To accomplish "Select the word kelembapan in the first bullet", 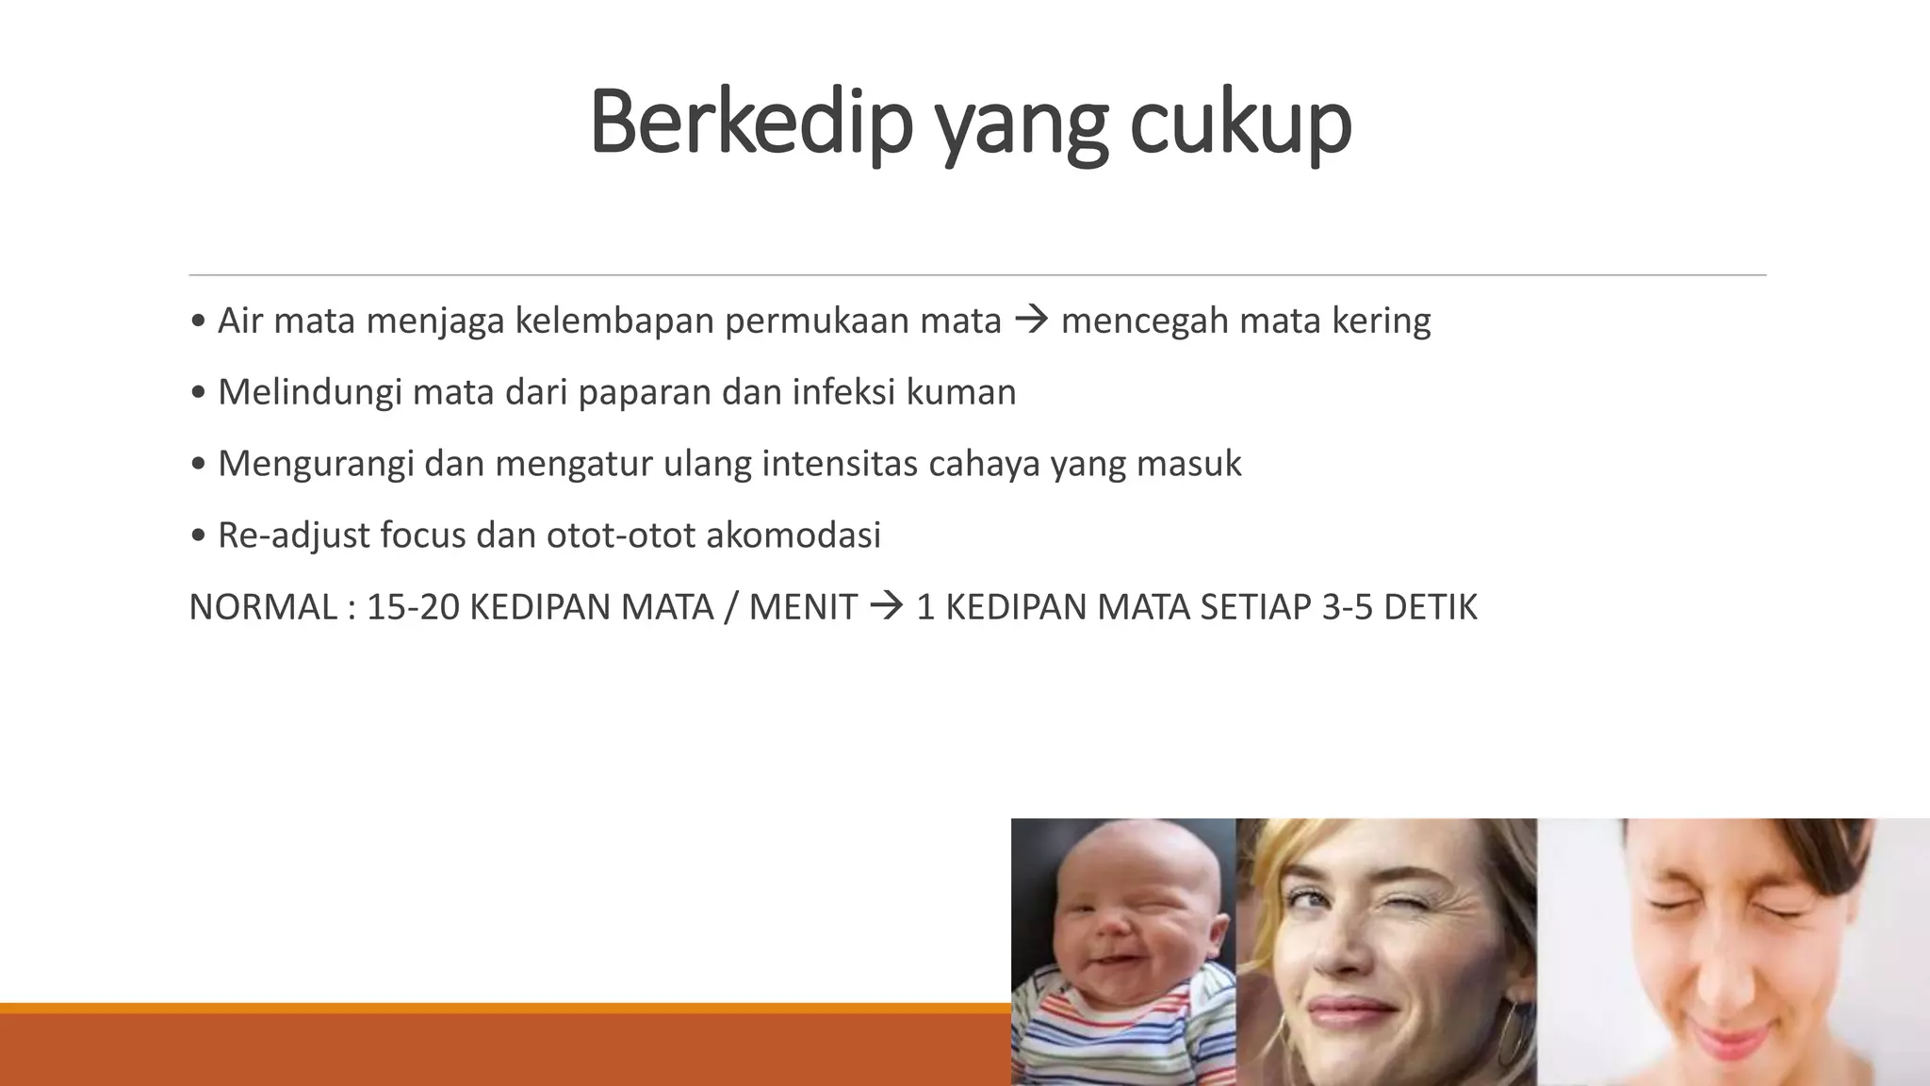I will (x=613, y=321).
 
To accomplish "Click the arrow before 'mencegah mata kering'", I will (x=1031, y=321).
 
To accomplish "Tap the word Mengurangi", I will (x=315, y=464).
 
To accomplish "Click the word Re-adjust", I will (x=292, y=535).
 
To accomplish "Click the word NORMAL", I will (x=263, y=607).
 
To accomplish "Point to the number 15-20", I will (x=412, y=607).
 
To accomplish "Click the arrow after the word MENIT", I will (x=886, y=607).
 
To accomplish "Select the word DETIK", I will (x=1430, y=607).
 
